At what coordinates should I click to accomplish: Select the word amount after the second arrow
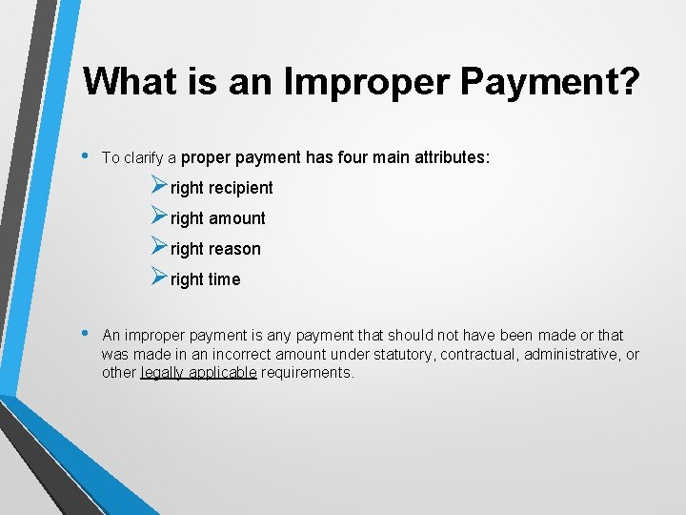pos(236,218)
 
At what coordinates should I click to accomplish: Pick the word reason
pos(234,249)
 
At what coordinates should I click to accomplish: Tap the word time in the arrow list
pos(225,279)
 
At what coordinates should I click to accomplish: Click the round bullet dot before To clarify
pos(88,155)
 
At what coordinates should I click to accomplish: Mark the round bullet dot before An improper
pos(88,333)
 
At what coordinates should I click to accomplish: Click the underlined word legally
pos(163,373)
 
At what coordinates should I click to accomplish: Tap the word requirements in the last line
pos(306,373)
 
